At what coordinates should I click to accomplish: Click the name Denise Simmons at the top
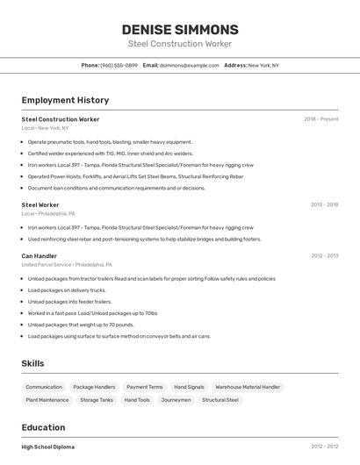click(180, 30)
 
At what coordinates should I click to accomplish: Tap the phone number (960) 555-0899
click(119, 65)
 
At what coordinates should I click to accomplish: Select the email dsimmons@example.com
click(189, 65)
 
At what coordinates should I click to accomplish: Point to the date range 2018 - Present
click(320, 119)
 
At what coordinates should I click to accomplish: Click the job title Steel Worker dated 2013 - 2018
click(40, 204)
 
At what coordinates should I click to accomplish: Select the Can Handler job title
click(40, 256)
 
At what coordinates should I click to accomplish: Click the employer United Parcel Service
click(47, 264)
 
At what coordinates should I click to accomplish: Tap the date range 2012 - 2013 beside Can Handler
click(324, 256)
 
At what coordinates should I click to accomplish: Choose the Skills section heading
click(32, 362)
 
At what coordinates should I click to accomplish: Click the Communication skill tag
click(44, 387)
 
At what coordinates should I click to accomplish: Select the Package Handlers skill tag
click(94, 387)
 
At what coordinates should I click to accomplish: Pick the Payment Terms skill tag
click(144, 387)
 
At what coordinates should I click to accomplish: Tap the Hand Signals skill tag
click(189, 387)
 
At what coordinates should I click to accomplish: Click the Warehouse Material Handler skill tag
click(248, 387)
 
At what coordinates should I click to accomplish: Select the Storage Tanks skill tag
click(97, 400)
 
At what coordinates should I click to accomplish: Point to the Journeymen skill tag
click(176, 400)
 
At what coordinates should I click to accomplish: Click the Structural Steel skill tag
click(220, 400)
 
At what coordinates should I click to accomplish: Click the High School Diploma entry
click(48, 447)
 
